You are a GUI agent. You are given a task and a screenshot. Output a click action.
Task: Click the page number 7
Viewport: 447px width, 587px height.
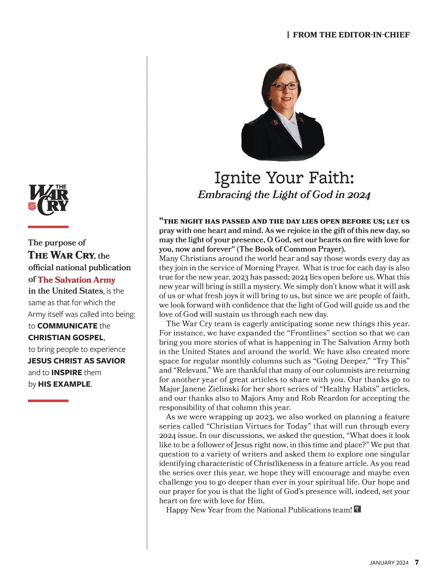coord(417,562)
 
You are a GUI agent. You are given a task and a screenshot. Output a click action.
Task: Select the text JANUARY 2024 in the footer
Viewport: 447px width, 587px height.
coord(389,563)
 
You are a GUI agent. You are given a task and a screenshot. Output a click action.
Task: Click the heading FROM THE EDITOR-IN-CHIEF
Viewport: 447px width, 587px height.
coord(351,35)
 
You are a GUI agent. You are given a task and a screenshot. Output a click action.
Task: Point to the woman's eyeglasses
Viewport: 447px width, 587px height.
coord(284,86)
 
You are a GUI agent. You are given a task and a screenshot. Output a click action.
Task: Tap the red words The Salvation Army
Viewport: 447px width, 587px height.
coord(76,280)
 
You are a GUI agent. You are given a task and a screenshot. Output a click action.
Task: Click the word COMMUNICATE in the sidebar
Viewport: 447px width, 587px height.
coord(67,326)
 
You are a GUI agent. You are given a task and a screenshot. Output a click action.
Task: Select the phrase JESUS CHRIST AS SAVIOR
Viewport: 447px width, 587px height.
coord(76,361)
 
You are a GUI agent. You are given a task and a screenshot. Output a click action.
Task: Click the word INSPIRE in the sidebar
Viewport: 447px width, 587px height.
coord(67,372)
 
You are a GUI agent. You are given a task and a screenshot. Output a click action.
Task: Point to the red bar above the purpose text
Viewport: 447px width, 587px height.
coord(48,227)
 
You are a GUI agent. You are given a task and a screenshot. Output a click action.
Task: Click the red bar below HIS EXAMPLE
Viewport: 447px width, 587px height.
coord(48,401)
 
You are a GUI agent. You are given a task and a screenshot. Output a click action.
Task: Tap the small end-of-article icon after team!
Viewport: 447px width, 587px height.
coord(357,509)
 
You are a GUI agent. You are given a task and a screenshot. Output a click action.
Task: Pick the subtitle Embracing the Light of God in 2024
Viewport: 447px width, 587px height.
coord(284,195)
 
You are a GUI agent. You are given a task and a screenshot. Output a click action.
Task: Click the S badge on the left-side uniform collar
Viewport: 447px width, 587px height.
coord(276,122)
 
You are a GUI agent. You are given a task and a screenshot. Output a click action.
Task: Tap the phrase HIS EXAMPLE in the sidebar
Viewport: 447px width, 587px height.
coord(64,384)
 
